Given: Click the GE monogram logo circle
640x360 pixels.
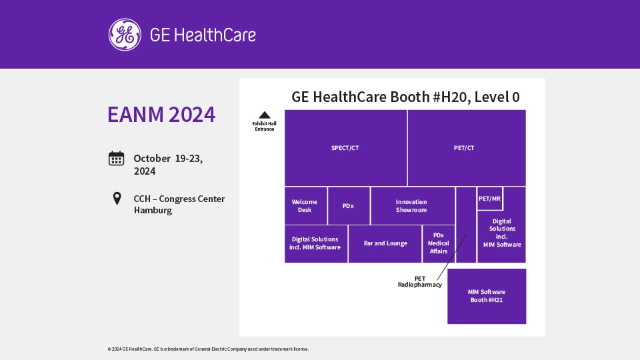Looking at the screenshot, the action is click(125, 35).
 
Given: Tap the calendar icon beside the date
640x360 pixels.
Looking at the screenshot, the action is click(116, 159).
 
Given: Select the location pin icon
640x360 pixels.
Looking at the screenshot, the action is click(117, 199).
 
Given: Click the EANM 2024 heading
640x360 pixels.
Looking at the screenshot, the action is click(161, 114).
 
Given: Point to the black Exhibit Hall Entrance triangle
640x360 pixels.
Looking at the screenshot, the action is click(265, 115).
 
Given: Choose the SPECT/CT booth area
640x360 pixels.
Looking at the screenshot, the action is click(346, 148).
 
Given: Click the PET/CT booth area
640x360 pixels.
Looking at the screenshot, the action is click(467, 148).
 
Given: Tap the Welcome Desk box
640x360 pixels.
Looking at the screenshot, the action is click(306, 206).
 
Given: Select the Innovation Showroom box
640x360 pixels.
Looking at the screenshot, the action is click(413, 206).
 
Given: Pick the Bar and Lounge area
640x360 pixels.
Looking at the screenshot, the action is click(385, 244).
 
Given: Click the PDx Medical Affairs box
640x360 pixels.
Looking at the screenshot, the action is click(439, 244).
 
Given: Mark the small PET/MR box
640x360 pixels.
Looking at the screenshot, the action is click(490, 199).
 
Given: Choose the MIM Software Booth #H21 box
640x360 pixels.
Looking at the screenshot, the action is click(487, 296).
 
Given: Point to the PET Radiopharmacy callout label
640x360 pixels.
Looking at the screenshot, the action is click(419, 281).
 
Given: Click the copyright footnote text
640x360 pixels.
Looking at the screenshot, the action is click(208, 349).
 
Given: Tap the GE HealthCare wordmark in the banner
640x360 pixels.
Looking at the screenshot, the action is click(203, 35).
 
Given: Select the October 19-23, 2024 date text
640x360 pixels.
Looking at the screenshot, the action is click(168, 165).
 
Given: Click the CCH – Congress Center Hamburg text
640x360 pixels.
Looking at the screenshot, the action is click(179, 205).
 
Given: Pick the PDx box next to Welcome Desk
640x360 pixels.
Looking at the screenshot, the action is click(349, 206).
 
